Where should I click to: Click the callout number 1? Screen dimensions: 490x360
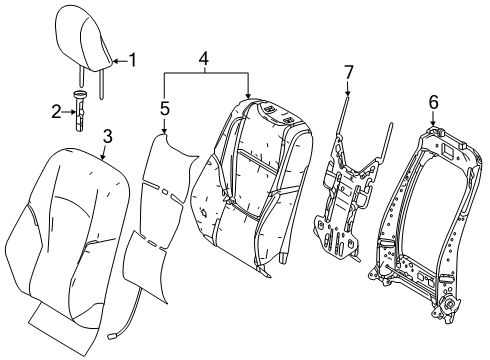[x=133, y=60]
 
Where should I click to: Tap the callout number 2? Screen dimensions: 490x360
[x=56, y=112]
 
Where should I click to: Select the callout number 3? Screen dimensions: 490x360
[x=107, y=136]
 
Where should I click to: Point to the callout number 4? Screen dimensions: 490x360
[x=204, y=59]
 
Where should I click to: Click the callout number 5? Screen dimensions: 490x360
[x=165, y=109]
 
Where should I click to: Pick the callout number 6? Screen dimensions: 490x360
[x=433, y=102]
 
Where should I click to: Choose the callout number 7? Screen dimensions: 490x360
[x=348, y=72]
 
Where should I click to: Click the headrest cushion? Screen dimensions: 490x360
[x=83, y=39]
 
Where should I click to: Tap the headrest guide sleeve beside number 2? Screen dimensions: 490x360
[x=80, y=110]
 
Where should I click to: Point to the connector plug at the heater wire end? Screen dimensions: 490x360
[x=111, y=337]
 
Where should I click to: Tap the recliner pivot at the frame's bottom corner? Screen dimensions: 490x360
[x=448, y=304]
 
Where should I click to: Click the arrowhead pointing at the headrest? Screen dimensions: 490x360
[x=115, y=61]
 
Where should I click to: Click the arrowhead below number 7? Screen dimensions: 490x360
[x=348, y=93]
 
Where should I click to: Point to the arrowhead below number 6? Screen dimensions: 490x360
[x=433, y=123]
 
